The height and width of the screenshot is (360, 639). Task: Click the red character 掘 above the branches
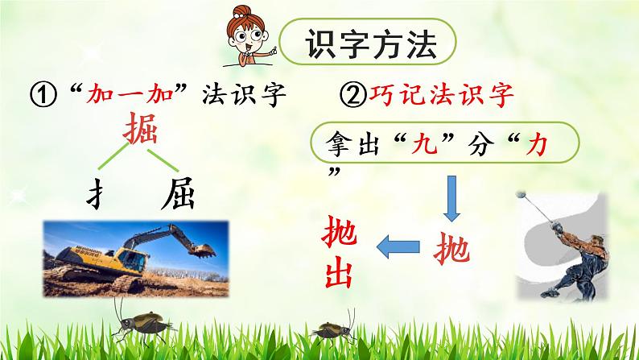coord(145,130)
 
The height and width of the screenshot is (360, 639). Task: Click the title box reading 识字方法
coord(372,46)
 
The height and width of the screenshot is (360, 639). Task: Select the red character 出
coord(337,274)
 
